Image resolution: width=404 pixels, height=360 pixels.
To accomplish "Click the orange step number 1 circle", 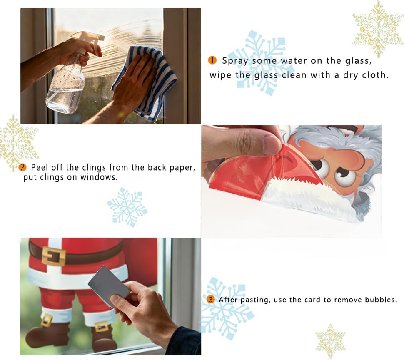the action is [212, 60].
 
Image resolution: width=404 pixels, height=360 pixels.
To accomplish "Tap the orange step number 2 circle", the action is [22, 167].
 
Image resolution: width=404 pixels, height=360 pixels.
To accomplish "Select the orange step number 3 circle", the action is [210, 300].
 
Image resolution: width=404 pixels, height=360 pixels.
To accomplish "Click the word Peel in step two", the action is [39, 167].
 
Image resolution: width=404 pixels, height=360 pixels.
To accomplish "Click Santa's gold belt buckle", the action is [54, 256].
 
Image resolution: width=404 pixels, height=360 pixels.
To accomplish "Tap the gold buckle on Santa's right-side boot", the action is [102, 327].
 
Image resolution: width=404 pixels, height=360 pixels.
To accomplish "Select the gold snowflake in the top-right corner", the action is [378, 29].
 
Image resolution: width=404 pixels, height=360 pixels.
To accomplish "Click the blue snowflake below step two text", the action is [127, 207].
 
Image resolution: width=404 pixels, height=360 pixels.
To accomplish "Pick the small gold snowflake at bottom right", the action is [330, 341].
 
